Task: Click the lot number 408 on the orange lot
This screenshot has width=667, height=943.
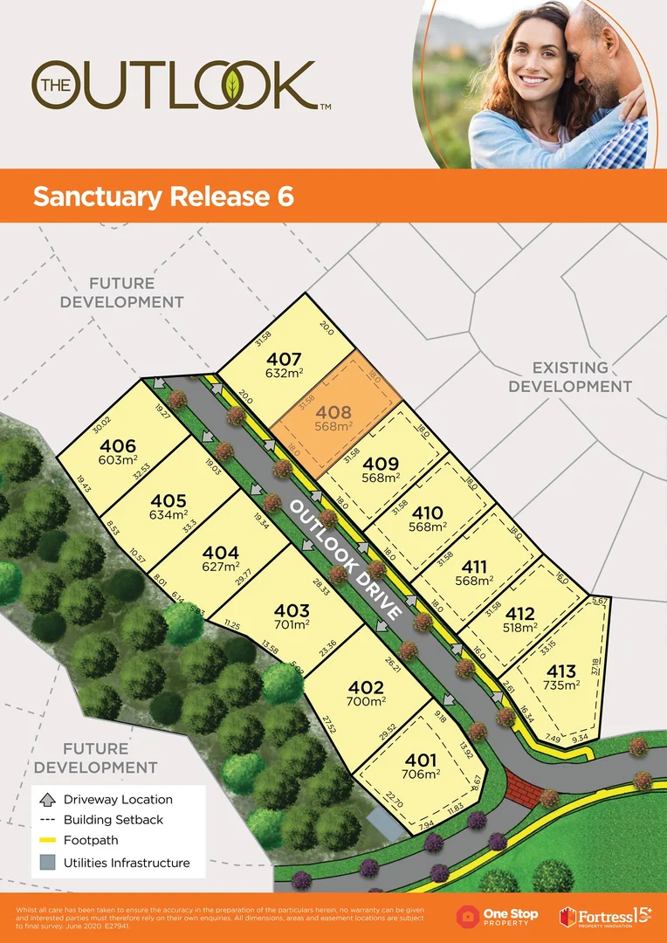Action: click(333, 412)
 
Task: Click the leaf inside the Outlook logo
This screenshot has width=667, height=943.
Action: click(234, 85)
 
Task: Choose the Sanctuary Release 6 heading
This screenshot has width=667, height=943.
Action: click(163, 196)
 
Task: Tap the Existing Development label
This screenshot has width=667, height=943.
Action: click(570, 376)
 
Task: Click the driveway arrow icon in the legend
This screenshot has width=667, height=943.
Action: click(47, 799)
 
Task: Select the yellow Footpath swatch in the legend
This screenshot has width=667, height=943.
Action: click(47, 841)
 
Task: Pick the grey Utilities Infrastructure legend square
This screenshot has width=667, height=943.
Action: click(47, 863)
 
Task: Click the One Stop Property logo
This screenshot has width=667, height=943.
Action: click(498, 917)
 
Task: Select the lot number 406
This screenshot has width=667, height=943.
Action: click(118, 446)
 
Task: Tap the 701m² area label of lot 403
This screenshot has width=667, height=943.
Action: click(292, 626)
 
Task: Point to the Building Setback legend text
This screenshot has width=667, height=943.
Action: click(113, 820)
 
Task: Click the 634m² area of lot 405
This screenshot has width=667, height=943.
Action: click(168, 514)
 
